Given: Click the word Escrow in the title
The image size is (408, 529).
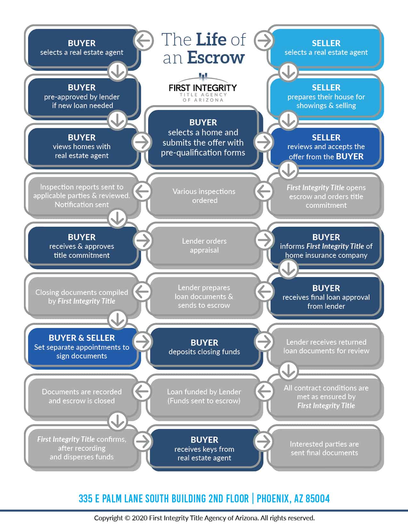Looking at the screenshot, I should [x=216, y=58].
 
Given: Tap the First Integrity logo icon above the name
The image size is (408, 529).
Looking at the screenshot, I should [x=203, y=77].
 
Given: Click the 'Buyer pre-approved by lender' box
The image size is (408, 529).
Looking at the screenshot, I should [x=82, y=96].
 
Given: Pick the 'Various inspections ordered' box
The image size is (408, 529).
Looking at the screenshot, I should [x=204, y=196].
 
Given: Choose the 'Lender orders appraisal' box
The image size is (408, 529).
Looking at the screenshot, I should [x=204, y=245].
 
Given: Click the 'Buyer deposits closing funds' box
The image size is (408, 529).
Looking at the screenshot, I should [x=204, y=347].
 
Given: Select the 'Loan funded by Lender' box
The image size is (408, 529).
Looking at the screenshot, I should [x=204, y=396].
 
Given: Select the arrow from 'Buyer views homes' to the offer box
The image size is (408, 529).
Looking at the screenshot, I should [x=142, y=142].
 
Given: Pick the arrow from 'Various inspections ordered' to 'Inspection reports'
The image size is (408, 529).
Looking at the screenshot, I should [x=142, y=191].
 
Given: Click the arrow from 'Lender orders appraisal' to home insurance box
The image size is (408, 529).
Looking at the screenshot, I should [x=264, y=240].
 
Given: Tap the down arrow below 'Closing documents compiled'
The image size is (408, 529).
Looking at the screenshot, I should [x=117, y=320].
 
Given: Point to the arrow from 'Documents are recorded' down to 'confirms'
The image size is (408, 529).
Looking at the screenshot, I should [x=117, y=421].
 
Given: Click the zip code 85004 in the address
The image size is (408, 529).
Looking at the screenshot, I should [x=317, y=499].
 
